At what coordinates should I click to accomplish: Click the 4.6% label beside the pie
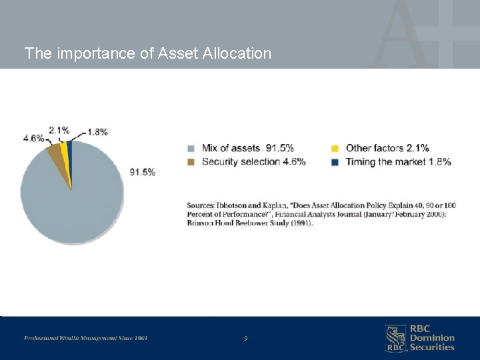[x=33, y=139]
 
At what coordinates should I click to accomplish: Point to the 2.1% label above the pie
[x=59, y=129]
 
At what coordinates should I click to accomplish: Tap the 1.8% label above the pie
[x=97, y=132]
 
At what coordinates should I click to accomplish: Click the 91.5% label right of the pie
[x=142, y=172]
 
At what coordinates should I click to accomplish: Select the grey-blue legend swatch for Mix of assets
[x=191, y=149]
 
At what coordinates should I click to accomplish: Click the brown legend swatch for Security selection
[x=191, y=162]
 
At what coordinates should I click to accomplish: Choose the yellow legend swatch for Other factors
[x=335, y=149]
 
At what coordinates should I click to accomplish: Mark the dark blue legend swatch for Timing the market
[x=335, y=162]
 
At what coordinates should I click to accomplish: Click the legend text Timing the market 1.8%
[x=398, y=162]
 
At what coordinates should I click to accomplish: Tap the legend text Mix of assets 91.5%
[x=247, y=148]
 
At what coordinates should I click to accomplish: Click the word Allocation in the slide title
[x=236, y=53]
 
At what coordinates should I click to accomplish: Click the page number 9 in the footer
[x=245, y=339]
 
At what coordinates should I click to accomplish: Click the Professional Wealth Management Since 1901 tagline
[x=86, y=338]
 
